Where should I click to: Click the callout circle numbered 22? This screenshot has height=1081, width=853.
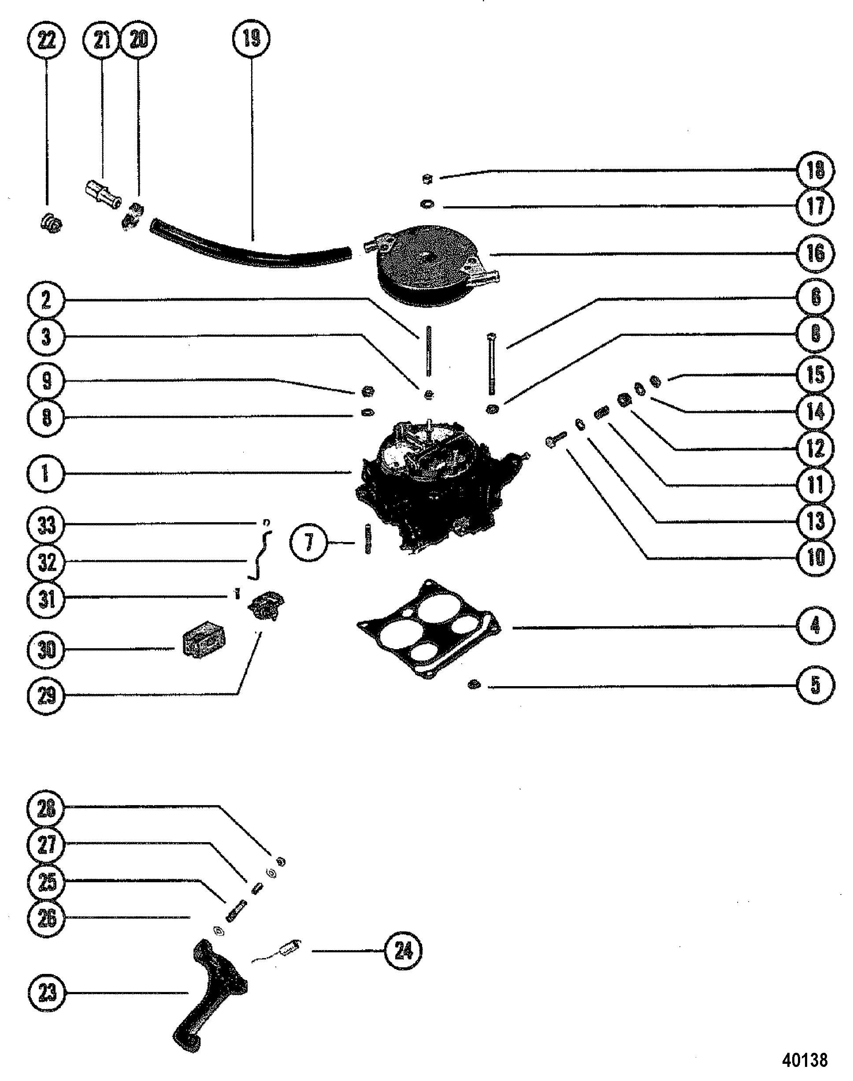coord(46,40)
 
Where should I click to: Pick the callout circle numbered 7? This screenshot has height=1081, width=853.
coord(309,542)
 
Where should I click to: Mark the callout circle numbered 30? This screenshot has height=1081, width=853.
coord(46,650)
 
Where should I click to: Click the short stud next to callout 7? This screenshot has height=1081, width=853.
coord(368,538)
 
